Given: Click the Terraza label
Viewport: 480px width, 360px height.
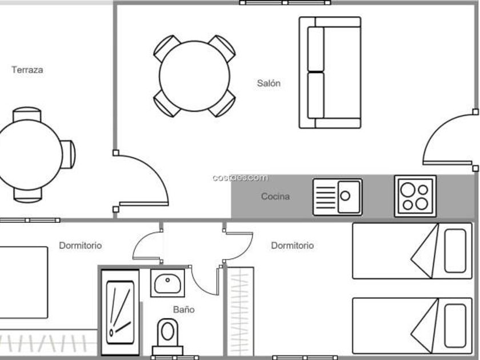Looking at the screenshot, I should pos(27,70).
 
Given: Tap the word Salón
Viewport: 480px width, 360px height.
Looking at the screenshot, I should pos(269,83).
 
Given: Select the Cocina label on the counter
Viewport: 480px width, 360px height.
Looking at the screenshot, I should pos(275,197).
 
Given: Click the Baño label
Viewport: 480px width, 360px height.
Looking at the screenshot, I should pos(183,310).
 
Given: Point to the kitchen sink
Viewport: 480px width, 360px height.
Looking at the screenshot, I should pos(337,197).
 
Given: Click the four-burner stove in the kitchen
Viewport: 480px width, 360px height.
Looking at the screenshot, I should pos(415,197).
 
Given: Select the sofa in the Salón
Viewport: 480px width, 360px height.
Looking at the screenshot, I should pos(330,72).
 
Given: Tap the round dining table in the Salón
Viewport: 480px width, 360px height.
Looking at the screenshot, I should pos(194,76).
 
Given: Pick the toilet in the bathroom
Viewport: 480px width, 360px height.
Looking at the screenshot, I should pos(167,334).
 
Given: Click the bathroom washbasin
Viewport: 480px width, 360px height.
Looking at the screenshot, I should pos(167,282).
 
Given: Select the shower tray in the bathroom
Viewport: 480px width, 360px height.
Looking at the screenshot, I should pos(119,312).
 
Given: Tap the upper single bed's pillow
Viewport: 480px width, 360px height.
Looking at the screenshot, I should pos(455,250).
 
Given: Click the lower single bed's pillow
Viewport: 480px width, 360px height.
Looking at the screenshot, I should pos(455,325).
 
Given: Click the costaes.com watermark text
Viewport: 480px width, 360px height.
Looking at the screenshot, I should pos(239,178).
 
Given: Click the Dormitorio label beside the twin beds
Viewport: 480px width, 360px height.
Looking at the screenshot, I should pos(292,246).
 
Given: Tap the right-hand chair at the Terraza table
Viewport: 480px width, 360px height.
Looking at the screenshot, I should pos(68,154).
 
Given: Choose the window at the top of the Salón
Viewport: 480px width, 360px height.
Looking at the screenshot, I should pos(285,3).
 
